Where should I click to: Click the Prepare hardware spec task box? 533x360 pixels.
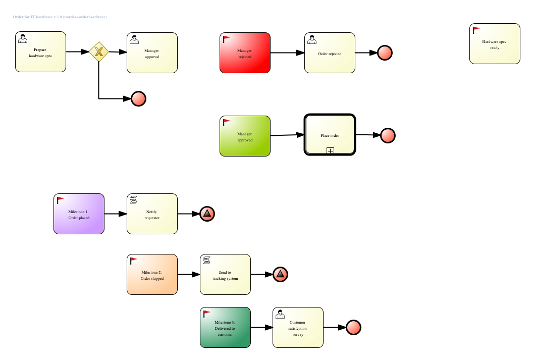tap(40, 52)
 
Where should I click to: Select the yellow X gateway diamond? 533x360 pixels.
tap(99, 52)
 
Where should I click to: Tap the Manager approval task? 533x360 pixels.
tap(152, 53)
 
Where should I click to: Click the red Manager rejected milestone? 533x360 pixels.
tap(245, 53)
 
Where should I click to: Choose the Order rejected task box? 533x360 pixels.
tap(330, 53)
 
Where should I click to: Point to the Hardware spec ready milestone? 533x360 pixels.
tap(495, 44)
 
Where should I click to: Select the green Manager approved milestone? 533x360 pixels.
tap(245, 136)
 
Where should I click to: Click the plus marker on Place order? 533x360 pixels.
tap(330, 150)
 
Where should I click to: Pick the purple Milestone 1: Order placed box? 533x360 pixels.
tap(79, 214)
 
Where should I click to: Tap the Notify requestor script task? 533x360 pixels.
tap(152, 214)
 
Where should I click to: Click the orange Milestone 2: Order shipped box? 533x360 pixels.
tap(152, 275)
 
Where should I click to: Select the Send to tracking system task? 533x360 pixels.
tap(225, 275)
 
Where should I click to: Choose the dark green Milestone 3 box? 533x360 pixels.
tap(225, 328)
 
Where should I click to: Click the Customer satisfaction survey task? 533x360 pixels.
tap(298, 328)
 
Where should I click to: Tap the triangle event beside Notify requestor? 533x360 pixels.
tap(207, 214)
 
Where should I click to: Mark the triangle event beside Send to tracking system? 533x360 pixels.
tap(280, 275)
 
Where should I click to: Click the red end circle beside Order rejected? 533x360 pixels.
tap(385, 53)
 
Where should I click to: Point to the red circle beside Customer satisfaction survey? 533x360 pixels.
tap(353, 328)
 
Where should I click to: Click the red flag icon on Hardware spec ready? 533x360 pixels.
tap(476, 30)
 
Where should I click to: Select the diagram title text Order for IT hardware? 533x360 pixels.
tap(60, 17)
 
